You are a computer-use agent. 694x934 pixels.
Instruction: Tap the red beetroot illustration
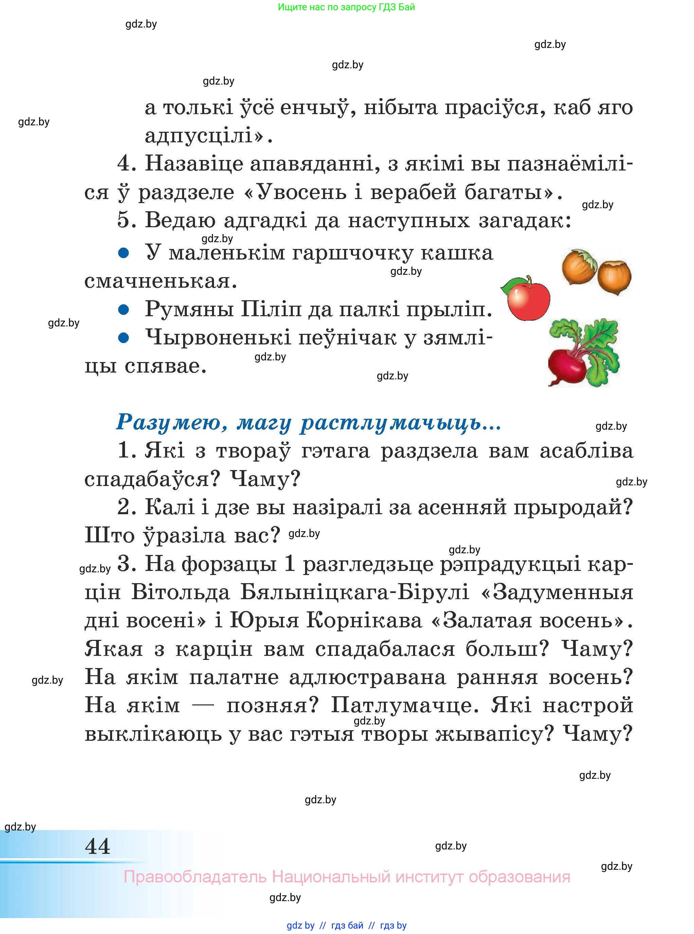pos(567,365)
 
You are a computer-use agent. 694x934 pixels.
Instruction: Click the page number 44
pos(97,846)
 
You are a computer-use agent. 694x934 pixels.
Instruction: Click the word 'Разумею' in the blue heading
pos(172,422)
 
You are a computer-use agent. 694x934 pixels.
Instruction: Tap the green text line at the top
pos(346,7)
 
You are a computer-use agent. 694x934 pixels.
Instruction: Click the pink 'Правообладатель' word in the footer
pos(195,877)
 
